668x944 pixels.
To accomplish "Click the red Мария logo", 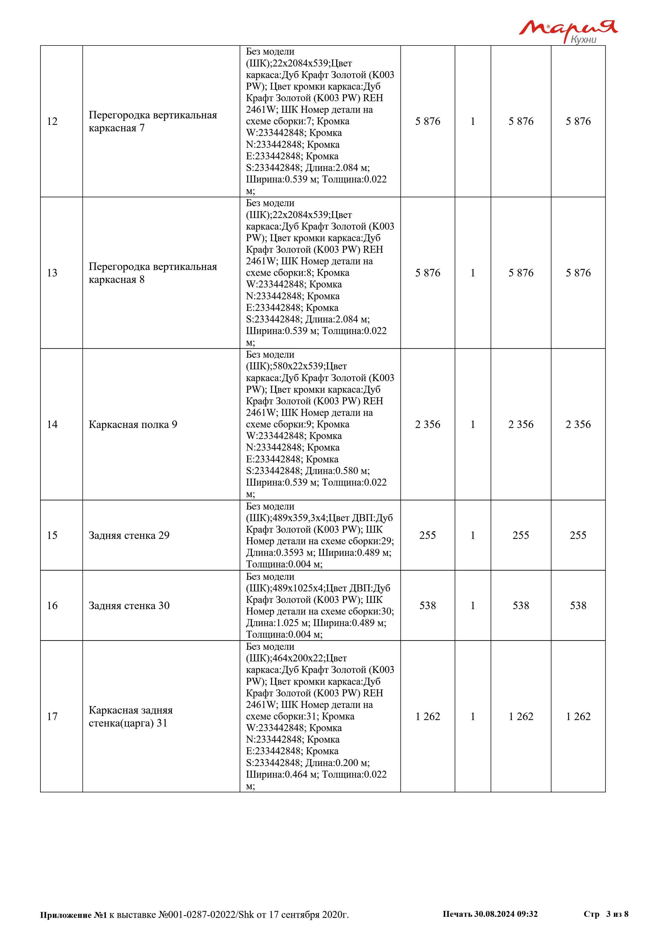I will (x=568, y=28).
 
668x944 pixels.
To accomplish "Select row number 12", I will (x=52, y=121).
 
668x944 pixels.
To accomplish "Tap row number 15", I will (x=52, y=535).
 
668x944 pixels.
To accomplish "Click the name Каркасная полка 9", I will (x=133, y=425).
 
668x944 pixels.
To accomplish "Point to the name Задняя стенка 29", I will (x=129, y=535).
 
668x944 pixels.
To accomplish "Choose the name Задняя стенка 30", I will (x=129, y=606).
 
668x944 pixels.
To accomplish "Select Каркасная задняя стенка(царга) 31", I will (x=130, y=717).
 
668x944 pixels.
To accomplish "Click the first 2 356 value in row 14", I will (x=427, y=425).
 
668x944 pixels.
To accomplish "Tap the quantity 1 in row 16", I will (x=473, y=606).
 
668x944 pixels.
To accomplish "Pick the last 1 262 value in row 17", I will (x=578, y=717).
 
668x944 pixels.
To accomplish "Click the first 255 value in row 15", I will (x=427, y=535).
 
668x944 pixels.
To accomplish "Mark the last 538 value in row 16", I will (x=578, y=606).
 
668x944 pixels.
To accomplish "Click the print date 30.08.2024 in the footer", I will (x=494, y=914).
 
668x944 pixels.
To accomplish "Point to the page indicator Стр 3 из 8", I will (x=606, y=914).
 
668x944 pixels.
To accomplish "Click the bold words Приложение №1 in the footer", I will (x=73, y=915).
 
